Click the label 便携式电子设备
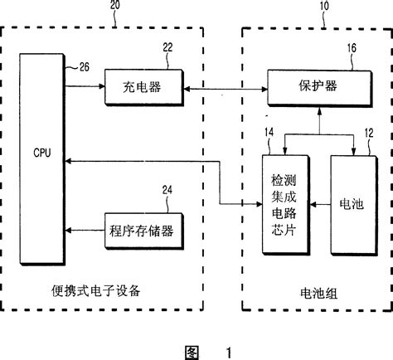(x=96, y=290)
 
